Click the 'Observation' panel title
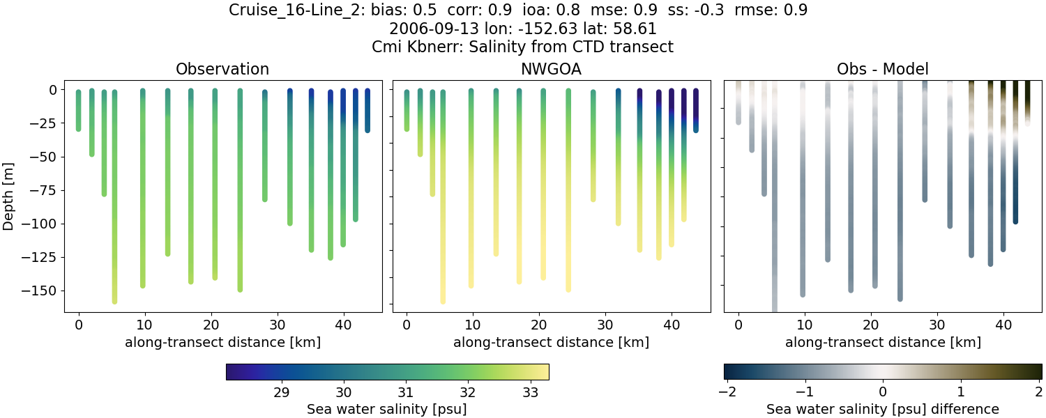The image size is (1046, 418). (x=222, y=69)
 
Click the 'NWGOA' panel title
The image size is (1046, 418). (x=551, y=69)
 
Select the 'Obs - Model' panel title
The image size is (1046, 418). (x=882, y=69)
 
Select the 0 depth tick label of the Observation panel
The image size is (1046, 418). (x=53, y=90)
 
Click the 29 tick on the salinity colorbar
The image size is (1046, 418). (x=282, y=392)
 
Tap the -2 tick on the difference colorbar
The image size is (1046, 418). (x=725, y=392)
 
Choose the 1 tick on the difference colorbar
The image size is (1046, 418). (x=961, y=392)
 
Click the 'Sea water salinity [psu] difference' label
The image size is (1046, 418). (x=882, y=409)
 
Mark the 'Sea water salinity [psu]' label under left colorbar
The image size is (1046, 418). (x=387, y=409)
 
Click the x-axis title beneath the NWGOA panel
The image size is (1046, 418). (x=551, y=342)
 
